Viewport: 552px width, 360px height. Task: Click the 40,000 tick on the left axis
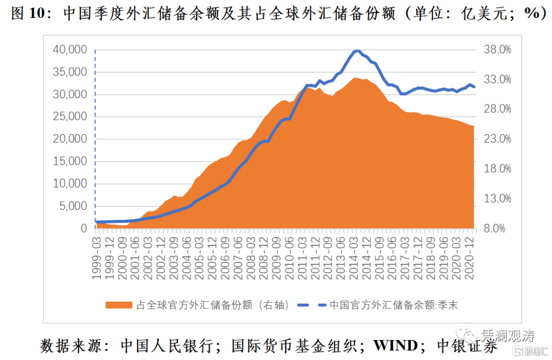tap(70, 50)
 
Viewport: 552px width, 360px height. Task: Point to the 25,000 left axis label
tap(70, 117)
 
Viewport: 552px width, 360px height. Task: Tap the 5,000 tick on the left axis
tap(73, 206)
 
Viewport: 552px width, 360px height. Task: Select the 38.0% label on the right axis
tap(498, 50)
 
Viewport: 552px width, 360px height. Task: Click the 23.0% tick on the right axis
tap(498, 139)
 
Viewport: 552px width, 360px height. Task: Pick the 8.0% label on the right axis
tap(495, 229)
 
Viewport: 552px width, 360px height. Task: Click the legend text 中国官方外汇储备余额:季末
tap(394, 305)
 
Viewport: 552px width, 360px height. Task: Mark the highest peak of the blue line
tap(357, 51)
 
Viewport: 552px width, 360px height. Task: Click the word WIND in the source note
tap(395, 346)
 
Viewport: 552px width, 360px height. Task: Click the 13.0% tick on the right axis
tap(498, 198)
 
